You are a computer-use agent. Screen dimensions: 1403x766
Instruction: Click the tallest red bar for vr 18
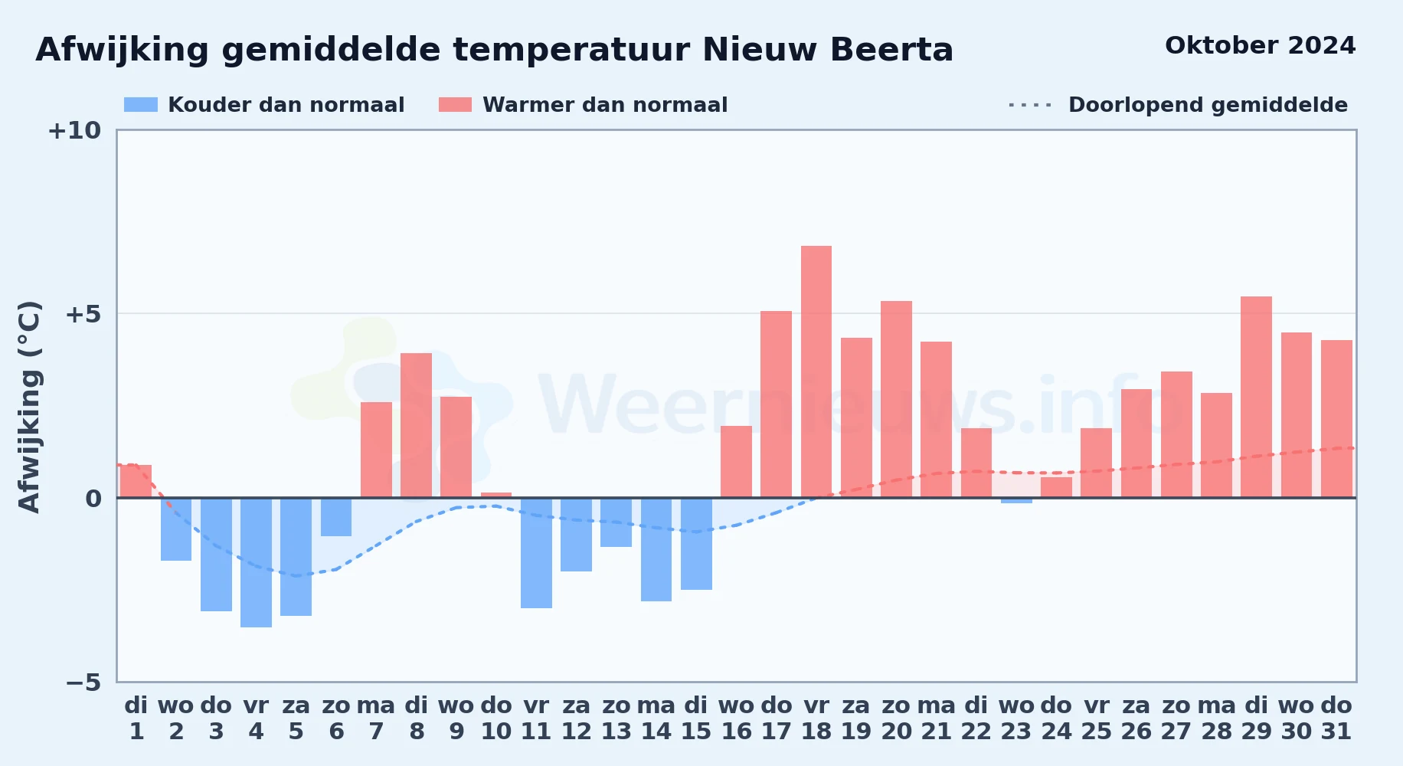pyautogui.click(x=816, y=372)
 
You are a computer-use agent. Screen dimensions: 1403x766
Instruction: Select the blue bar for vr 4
pyautogui.click(x=256, y=562)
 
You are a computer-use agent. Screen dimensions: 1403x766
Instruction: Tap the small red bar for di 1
pyautogui.click(x=136, y=481)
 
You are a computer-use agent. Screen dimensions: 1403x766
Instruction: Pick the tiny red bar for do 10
pyautogui.click(x=496, y=495)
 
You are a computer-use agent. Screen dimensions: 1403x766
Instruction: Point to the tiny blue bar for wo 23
pyautogui.click(x=1016, y=500)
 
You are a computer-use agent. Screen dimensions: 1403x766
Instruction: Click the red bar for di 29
pyautogui.click(x=1256, y=397)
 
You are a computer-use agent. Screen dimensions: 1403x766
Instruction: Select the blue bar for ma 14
pyautogui.click(x=656, y=549)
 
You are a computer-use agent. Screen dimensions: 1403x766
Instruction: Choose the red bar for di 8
pyautogui.click(x=416, y=425)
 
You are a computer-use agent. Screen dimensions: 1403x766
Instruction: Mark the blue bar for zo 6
pyautogui.click(x=336, y=517)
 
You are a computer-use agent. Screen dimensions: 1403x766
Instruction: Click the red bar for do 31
pyautogui.click(x=1336, y=419)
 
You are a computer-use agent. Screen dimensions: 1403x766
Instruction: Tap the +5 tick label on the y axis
pyautogui.click(x=83, y=314)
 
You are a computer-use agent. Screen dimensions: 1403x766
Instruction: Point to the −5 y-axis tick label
pyautogui.click(x=83, y=683)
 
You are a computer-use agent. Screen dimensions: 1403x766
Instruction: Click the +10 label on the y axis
pyautogui.click(x=74, y=130)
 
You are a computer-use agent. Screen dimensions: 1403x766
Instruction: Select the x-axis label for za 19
pyautogui.click(x=856, y=719)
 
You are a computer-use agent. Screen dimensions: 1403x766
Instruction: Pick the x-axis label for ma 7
pyautogui.click(x=376, y=719)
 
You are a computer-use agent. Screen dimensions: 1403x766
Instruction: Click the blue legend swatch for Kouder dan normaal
pyautogui.click(x=141, y=105)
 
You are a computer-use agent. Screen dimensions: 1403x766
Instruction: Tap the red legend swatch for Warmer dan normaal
pyautogui.click(x=456, y=105)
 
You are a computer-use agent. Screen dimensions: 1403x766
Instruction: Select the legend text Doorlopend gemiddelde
pyautogui.click(x=1208, y=105)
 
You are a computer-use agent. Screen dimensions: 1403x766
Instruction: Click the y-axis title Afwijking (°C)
pyautogui.click(x=29, y=407)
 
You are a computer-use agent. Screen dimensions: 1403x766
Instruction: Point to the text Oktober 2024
pyautogui.click(x=1260, y=45)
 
